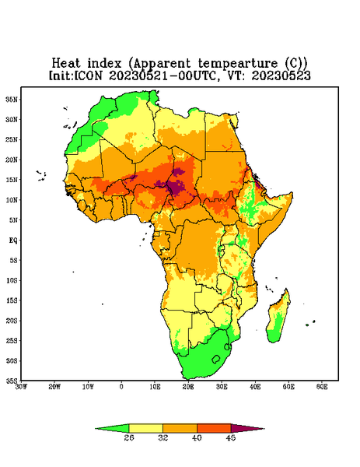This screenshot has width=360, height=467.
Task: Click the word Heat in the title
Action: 66,63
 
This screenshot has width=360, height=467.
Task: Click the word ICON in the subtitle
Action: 88,75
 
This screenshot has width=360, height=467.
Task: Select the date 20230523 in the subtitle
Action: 281,75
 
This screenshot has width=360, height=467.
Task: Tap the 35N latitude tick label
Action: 12,99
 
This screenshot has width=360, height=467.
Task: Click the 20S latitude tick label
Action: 12,321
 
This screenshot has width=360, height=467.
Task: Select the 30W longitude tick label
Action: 21,387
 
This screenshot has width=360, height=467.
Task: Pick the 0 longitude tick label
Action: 121,387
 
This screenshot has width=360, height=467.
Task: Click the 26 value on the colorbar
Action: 129,437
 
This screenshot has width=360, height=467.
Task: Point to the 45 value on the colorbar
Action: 231,437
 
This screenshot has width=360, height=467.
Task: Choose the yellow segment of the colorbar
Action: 145,428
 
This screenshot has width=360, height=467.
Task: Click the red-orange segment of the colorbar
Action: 214,428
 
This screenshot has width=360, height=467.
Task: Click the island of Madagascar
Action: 278,318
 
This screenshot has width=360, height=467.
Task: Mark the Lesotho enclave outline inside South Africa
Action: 216,360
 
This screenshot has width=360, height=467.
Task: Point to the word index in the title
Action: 104,63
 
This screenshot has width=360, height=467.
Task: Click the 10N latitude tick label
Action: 12,200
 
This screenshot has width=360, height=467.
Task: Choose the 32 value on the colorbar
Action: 163,437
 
